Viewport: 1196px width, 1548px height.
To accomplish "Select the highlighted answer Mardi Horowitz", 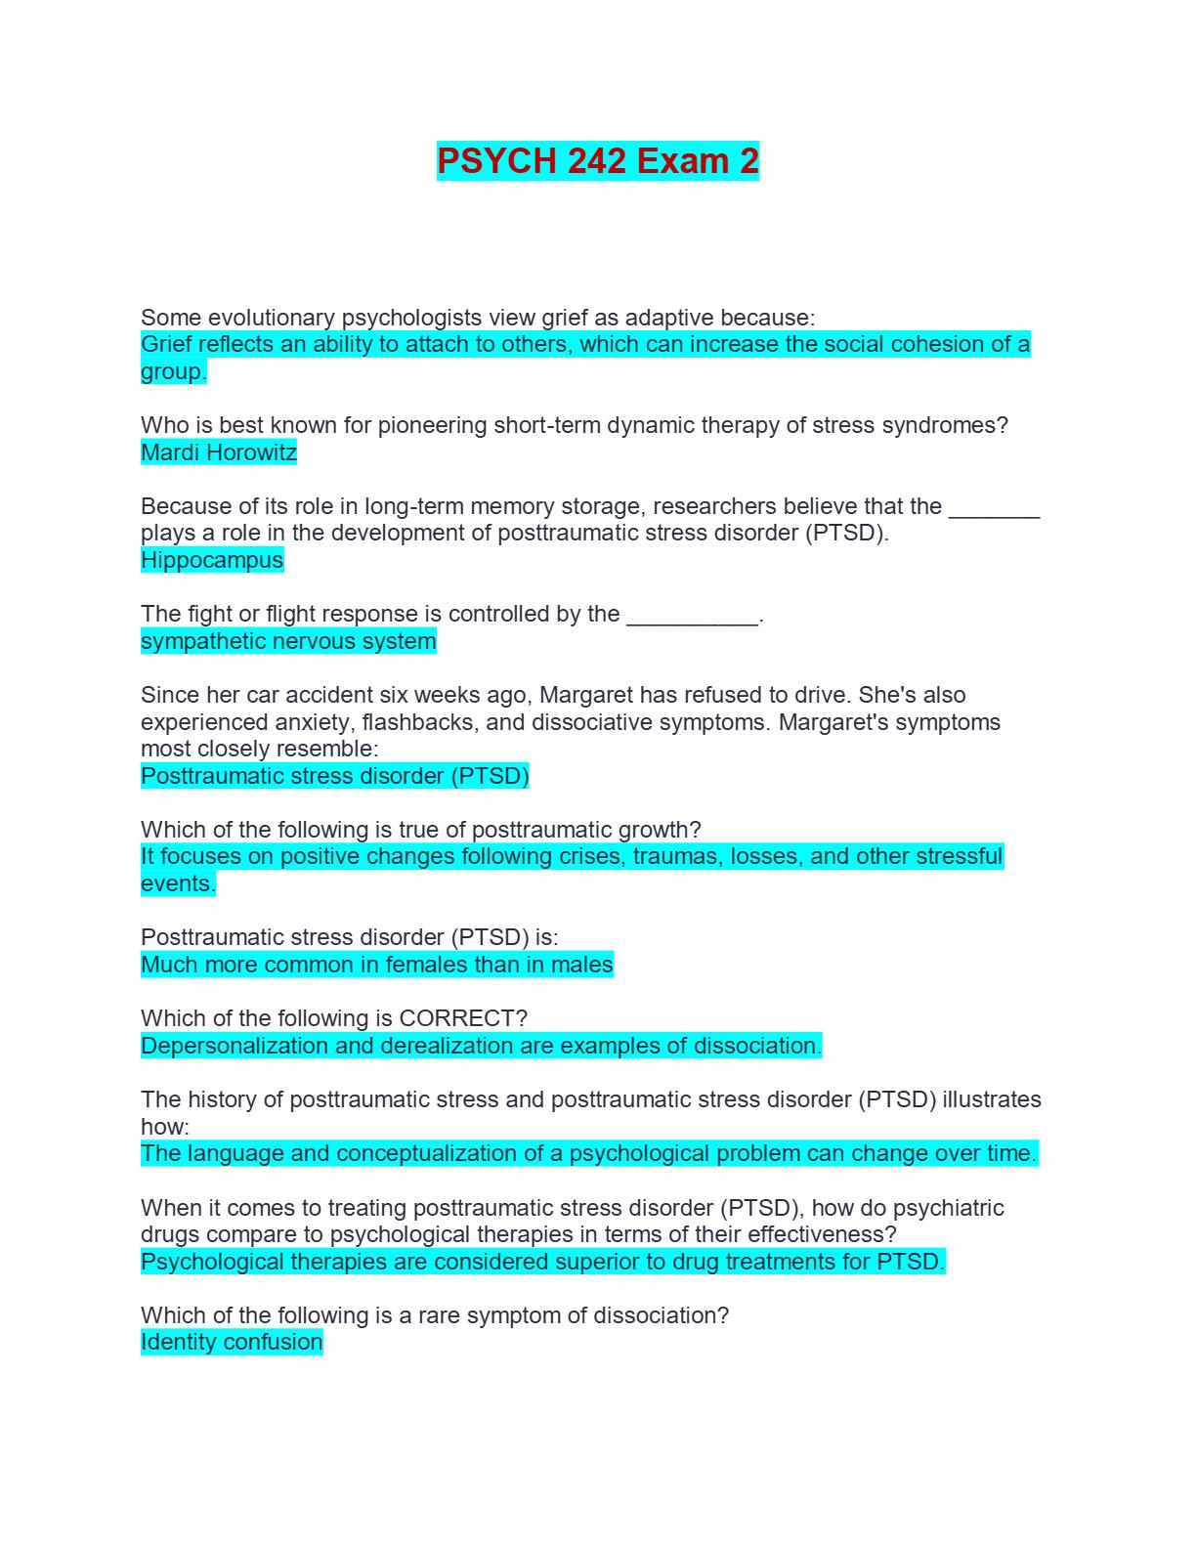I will (219, 452).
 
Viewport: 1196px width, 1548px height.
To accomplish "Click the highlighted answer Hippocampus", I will (212, 560).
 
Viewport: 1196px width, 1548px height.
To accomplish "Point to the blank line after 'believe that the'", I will (994, 508).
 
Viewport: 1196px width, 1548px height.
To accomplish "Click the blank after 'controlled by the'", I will (692, 616).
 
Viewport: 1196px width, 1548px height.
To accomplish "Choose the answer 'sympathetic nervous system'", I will (288, 641).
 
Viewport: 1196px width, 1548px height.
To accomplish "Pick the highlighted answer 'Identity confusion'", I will (232, 1342).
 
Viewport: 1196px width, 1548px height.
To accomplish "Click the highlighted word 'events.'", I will (178, 883).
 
